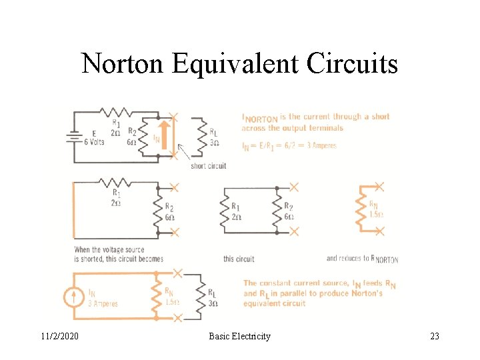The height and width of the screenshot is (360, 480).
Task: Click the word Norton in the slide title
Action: tap(123, 64)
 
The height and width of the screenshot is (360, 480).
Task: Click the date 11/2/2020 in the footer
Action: tap(57, 336)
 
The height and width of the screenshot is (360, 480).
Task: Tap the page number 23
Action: tap(434, 336)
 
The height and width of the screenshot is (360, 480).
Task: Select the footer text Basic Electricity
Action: tap(239, 336)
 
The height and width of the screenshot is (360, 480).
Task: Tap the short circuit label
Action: tap(208, 166)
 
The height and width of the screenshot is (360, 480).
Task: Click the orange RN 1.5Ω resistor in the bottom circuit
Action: tap(157, 295)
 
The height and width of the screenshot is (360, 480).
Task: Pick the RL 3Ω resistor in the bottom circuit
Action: tap(197, 295)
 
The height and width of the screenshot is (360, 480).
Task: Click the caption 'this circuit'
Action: tap(239, 259)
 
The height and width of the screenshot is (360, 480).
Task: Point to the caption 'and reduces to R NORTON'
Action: tap(362, 259)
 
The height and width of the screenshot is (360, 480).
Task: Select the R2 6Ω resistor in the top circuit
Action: tap(141, 137)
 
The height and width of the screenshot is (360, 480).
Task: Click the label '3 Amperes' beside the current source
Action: tap(103, 304)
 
